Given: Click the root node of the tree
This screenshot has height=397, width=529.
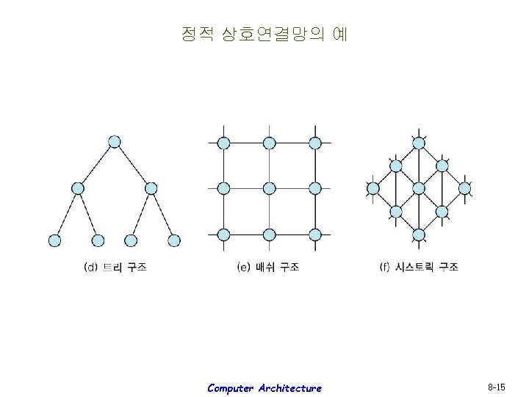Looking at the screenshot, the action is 114,142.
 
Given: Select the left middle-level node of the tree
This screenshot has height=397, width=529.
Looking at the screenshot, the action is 77,188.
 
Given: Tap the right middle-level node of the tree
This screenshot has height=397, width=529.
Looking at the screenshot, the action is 151,188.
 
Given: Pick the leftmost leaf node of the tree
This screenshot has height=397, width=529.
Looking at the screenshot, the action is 54,240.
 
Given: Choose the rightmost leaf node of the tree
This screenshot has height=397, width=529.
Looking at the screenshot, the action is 174,240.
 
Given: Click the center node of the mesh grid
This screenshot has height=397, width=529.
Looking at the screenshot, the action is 270,188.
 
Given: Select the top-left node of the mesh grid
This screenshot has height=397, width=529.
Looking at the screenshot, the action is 223,143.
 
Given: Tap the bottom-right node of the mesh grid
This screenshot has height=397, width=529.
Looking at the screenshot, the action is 315,235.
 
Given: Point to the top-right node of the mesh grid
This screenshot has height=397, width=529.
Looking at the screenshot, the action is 315,143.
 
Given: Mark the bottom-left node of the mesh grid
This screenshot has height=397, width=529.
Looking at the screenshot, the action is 223,235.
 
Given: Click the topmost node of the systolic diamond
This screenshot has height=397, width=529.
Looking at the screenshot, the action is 419,142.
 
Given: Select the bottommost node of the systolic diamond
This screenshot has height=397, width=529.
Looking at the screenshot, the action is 419,235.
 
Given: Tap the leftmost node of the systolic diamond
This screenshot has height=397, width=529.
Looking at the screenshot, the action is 373,188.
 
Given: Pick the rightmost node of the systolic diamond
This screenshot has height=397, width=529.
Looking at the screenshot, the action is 464,188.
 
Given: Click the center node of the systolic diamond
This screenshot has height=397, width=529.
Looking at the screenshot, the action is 419,188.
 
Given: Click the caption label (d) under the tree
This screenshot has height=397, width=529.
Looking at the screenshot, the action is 115,268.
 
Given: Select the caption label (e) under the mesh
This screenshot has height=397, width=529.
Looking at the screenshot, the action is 267,268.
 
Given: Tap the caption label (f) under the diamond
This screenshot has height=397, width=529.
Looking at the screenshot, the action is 419,268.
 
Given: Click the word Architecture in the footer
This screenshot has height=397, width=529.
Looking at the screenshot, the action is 289,387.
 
